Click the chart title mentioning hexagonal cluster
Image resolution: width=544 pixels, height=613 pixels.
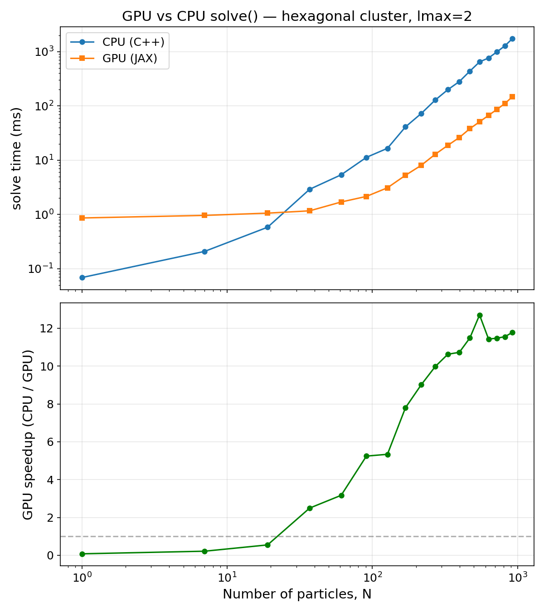point(297,16)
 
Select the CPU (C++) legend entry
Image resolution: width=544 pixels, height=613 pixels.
point(118,42)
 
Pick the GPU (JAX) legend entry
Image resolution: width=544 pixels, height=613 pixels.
point(118,59)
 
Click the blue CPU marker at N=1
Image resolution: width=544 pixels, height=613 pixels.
point(82,277)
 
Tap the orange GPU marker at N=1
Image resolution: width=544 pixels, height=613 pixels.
point(82,218)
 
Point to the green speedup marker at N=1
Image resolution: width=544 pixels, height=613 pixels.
point(82,554)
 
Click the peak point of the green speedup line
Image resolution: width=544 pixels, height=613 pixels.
point(480,315)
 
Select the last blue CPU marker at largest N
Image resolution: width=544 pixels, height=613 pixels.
point(512,39)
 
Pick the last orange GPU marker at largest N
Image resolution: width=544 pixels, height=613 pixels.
point(512,97)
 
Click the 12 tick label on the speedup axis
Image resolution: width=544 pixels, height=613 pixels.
point(48,328)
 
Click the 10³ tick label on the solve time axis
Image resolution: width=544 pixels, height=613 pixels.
point(44,51)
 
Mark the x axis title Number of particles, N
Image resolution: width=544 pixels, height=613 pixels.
point(297,594)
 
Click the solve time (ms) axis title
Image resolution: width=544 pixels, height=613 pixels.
point(17,158)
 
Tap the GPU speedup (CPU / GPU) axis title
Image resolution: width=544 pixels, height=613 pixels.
point(28,435)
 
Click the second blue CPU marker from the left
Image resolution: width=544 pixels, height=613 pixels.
point(204,252)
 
